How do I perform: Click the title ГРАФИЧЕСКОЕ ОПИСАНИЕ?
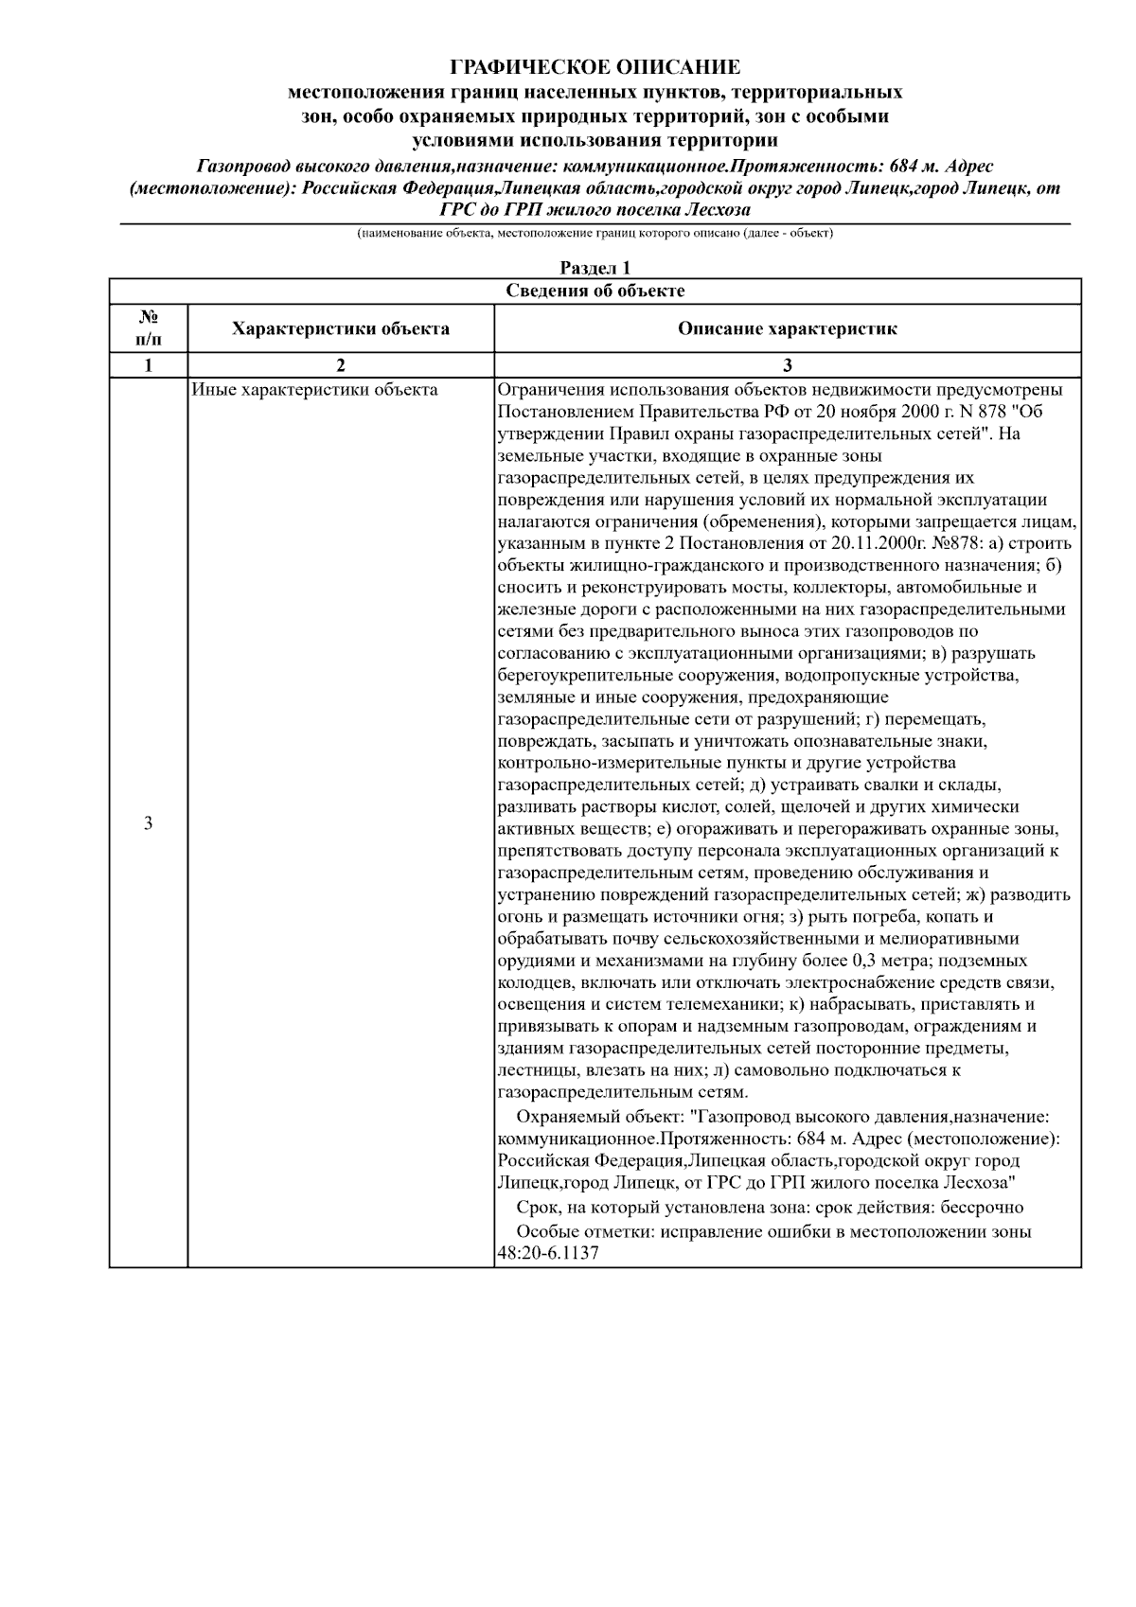click(595, 67)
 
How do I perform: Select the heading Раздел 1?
click(595, 269)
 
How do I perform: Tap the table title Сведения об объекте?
click(595, 291)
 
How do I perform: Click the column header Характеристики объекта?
click(341, 329)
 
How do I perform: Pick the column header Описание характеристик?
click(787, 329)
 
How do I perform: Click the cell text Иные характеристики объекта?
click(314, 390)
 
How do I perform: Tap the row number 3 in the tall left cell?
click(148, 822)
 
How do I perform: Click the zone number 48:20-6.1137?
click(548, 1253)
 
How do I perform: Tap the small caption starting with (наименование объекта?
click(595, 233)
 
